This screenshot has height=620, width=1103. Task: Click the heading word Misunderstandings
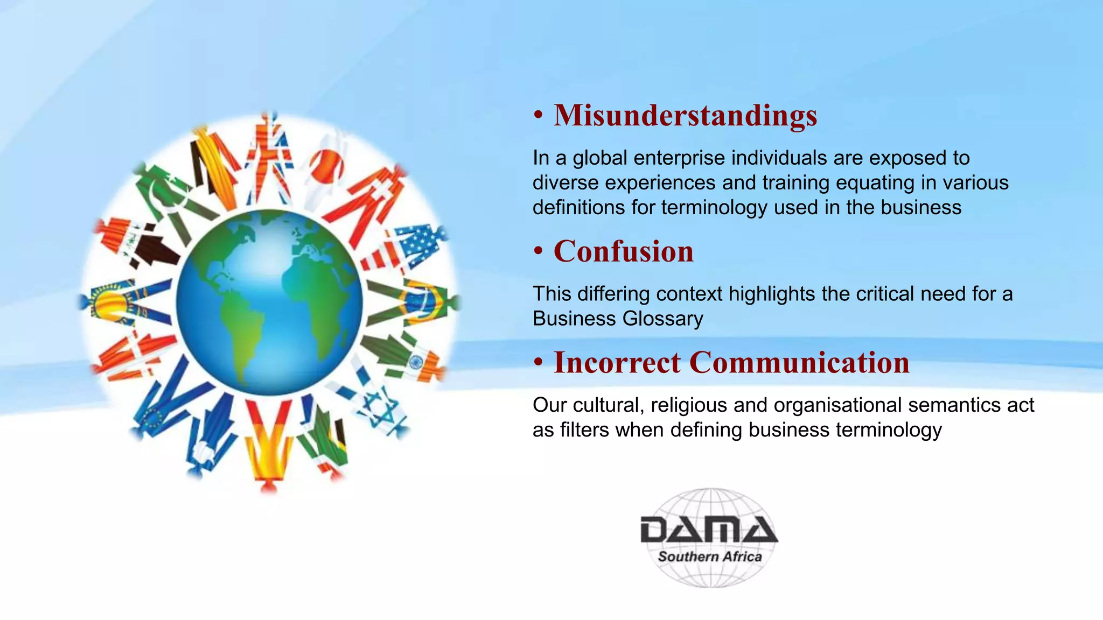pos(685,115)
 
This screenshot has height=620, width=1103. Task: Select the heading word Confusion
pos(624,251)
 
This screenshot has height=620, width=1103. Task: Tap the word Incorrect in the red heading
pos(617,362)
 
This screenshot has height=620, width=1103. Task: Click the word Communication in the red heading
pos(799,362)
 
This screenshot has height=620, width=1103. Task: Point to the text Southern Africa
pos(709,557)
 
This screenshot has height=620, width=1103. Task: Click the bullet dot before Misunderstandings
pos(537,116)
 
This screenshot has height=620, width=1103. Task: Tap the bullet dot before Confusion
pos(537,252)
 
